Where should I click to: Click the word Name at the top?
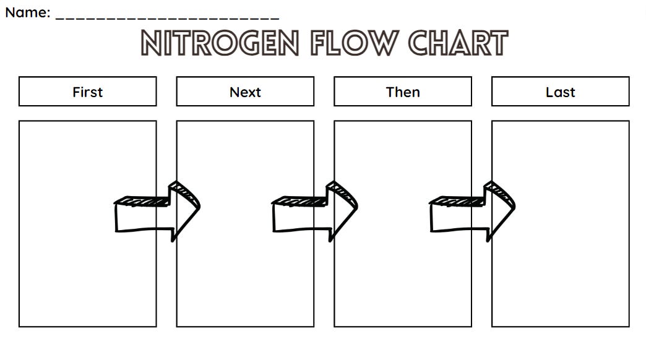(x=26, y=12)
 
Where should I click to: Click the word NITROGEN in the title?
(x=220, y=43)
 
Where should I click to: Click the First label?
(x=87, y=92)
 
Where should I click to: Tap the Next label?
(x=245, y=92)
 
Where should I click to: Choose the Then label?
(x=403, y=92)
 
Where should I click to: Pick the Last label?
(x=561, y=92)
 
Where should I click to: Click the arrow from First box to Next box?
(x=158, y=212)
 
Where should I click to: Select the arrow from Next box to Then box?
(x=316, y=212)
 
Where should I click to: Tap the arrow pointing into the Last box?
(x=473, y=212)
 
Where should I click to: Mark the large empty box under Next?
(x=245, y=278)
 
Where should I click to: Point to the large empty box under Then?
(x=403, y=278)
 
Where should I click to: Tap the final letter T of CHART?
(x=497, y=43)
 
